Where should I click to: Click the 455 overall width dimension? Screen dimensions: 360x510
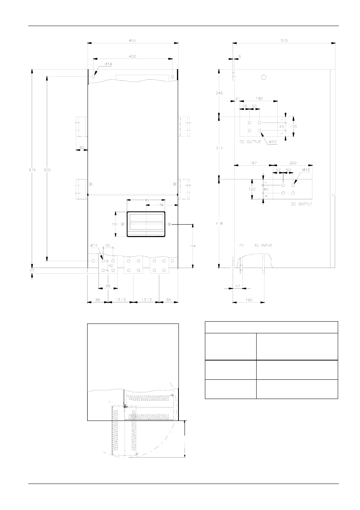click(132, 40)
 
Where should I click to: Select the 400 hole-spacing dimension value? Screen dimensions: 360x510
click(132, 56)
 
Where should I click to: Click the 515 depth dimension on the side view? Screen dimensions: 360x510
click(284, 40)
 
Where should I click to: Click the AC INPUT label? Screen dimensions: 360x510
click(263, 245)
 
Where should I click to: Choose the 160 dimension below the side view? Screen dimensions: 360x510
click(248, 300)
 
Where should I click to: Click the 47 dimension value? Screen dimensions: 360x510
click(238, 286)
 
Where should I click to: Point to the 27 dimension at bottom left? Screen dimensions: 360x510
click(32, 271)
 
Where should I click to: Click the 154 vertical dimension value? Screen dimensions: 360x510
click(192, 246)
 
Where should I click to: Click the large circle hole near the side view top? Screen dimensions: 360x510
click(264, 77)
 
